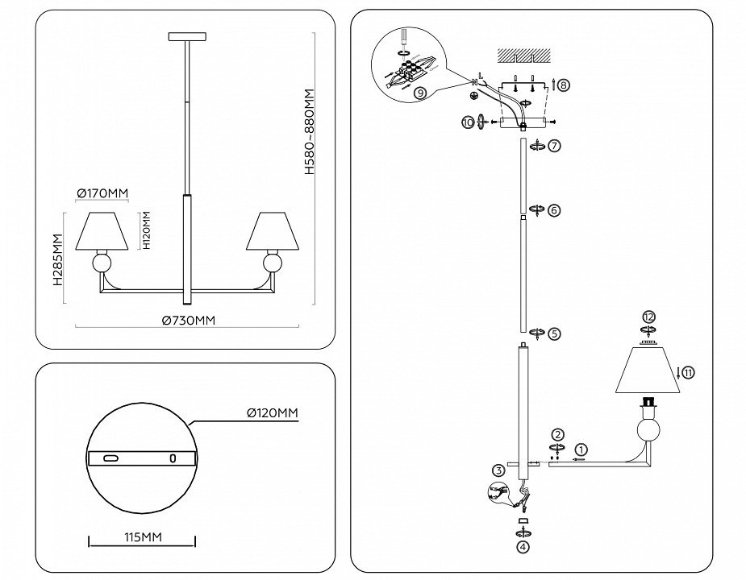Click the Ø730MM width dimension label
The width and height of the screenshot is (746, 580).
point(189,320)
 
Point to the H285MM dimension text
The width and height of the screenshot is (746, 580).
point(57,259)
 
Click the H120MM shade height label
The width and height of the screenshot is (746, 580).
point(147,230)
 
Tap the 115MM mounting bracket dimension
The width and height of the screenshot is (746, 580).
point(140,536)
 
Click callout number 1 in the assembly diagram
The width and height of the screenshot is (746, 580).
point(582,449)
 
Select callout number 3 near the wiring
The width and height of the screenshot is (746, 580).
point(500,470)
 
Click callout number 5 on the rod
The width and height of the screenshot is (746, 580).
point(554,332)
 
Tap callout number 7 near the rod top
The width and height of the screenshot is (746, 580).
point(554,147)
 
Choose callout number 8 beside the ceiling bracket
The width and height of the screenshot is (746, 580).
point(563,84)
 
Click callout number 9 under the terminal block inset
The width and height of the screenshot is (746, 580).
point(419,93)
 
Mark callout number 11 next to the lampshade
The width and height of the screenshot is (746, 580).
point(688,372)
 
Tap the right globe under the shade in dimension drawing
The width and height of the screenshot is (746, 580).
point(273,263)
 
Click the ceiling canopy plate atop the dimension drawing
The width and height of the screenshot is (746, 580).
point(187,37)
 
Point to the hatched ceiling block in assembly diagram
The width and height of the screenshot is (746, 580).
point(522,56)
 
